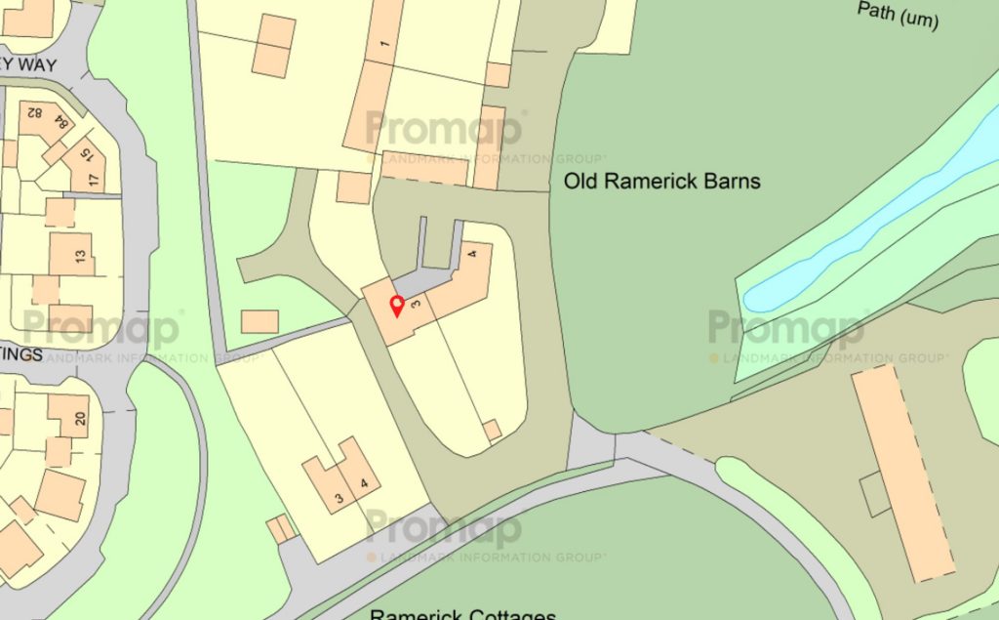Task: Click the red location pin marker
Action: coord(397,306)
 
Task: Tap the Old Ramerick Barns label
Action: coord(661,182)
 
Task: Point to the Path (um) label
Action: coord(898,15)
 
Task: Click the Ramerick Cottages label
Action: coord(462,612)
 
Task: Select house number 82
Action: coord(34,113)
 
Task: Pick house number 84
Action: coord(64,123)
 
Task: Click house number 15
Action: coord(87,154)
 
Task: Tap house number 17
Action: coord(94,180)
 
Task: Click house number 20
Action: coord(80,420)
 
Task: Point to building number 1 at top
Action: coord(384,44)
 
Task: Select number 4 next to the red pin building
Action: coord(472,256)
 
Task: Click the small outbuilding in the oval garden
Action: coord(493,430)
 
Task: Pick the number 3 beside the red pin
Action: coord(417,305)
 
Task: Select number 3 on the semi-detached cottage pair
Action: coord(339,499)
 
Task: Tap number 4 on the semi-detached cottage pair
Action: coord(364,481)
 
